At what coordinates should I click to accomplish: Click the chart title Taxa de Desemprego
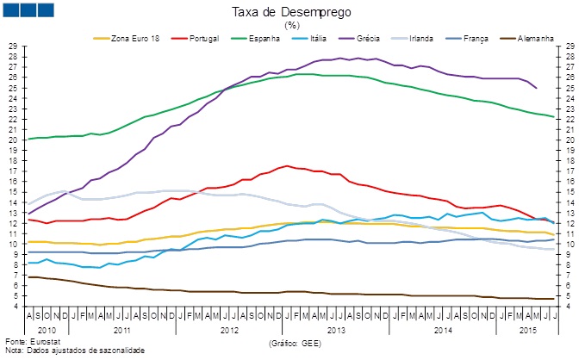click(x=292, y=12)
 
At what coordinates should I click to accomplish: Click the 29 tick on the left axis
click(x=12, y=46)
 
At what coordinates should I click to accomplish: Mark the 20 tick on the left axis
click(x=12, y=140)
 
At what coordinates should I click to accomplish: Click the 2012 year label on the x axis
click(x=229, y=329)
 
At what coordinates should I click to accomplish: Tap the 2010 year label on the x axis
click(x=47, y=329)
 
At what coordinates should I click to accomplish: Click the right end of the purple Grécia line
click(x=537, y=88)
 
